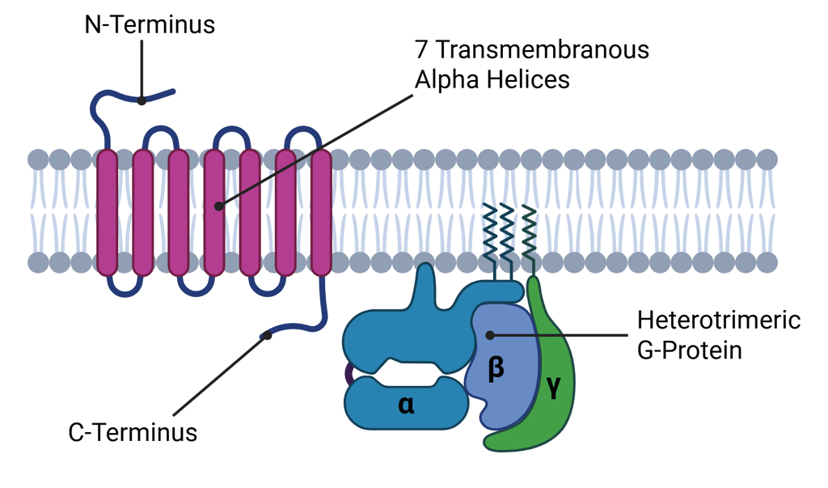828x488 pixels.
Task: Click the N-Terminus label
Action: pyautogui.click(x=150, y=25)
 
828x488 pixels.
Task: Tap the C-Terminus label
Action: pyautogui.click(x=133, y=432)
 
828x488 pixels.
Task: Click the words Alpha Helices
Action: pyautogui.click(x=492, y=80)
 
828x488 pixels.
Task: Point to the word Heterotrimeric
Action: pyautogui.click(x=718, y=320)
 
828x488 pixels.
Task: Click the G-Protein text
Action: pyautogui.click(x=689, y=350)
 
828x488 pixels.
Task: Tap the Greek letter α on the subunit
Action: pyautogui.click(x=406, y=404)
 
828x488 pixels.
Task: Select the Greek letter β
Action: pyautogui.click(x=496, y=368)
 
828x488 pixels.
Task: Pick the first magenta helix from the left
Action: pyautogui.click(x=107, y=212)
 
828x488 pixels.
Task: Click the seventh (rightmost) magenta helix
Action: pyautogui.click(x=321, y=212)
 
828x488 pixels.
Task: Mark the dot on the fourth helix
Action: pyautogui.click(x=219, y=206)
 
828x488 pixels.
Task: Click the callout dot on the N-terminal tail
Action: pyautogui.click(x=142, y=100)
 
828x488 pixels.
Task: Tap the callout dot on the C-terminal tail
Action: pyautogui.click(x=268, y=335)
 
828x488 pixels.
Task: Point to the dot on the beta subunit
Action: pyautogui.click(x=490, y=334)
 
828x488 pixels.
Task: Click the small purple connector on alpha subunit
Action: pyautogui.click(x=349, y=374)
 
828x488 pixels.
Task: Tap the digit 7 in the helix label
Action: pyautogui.click(x=421, y=50)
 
